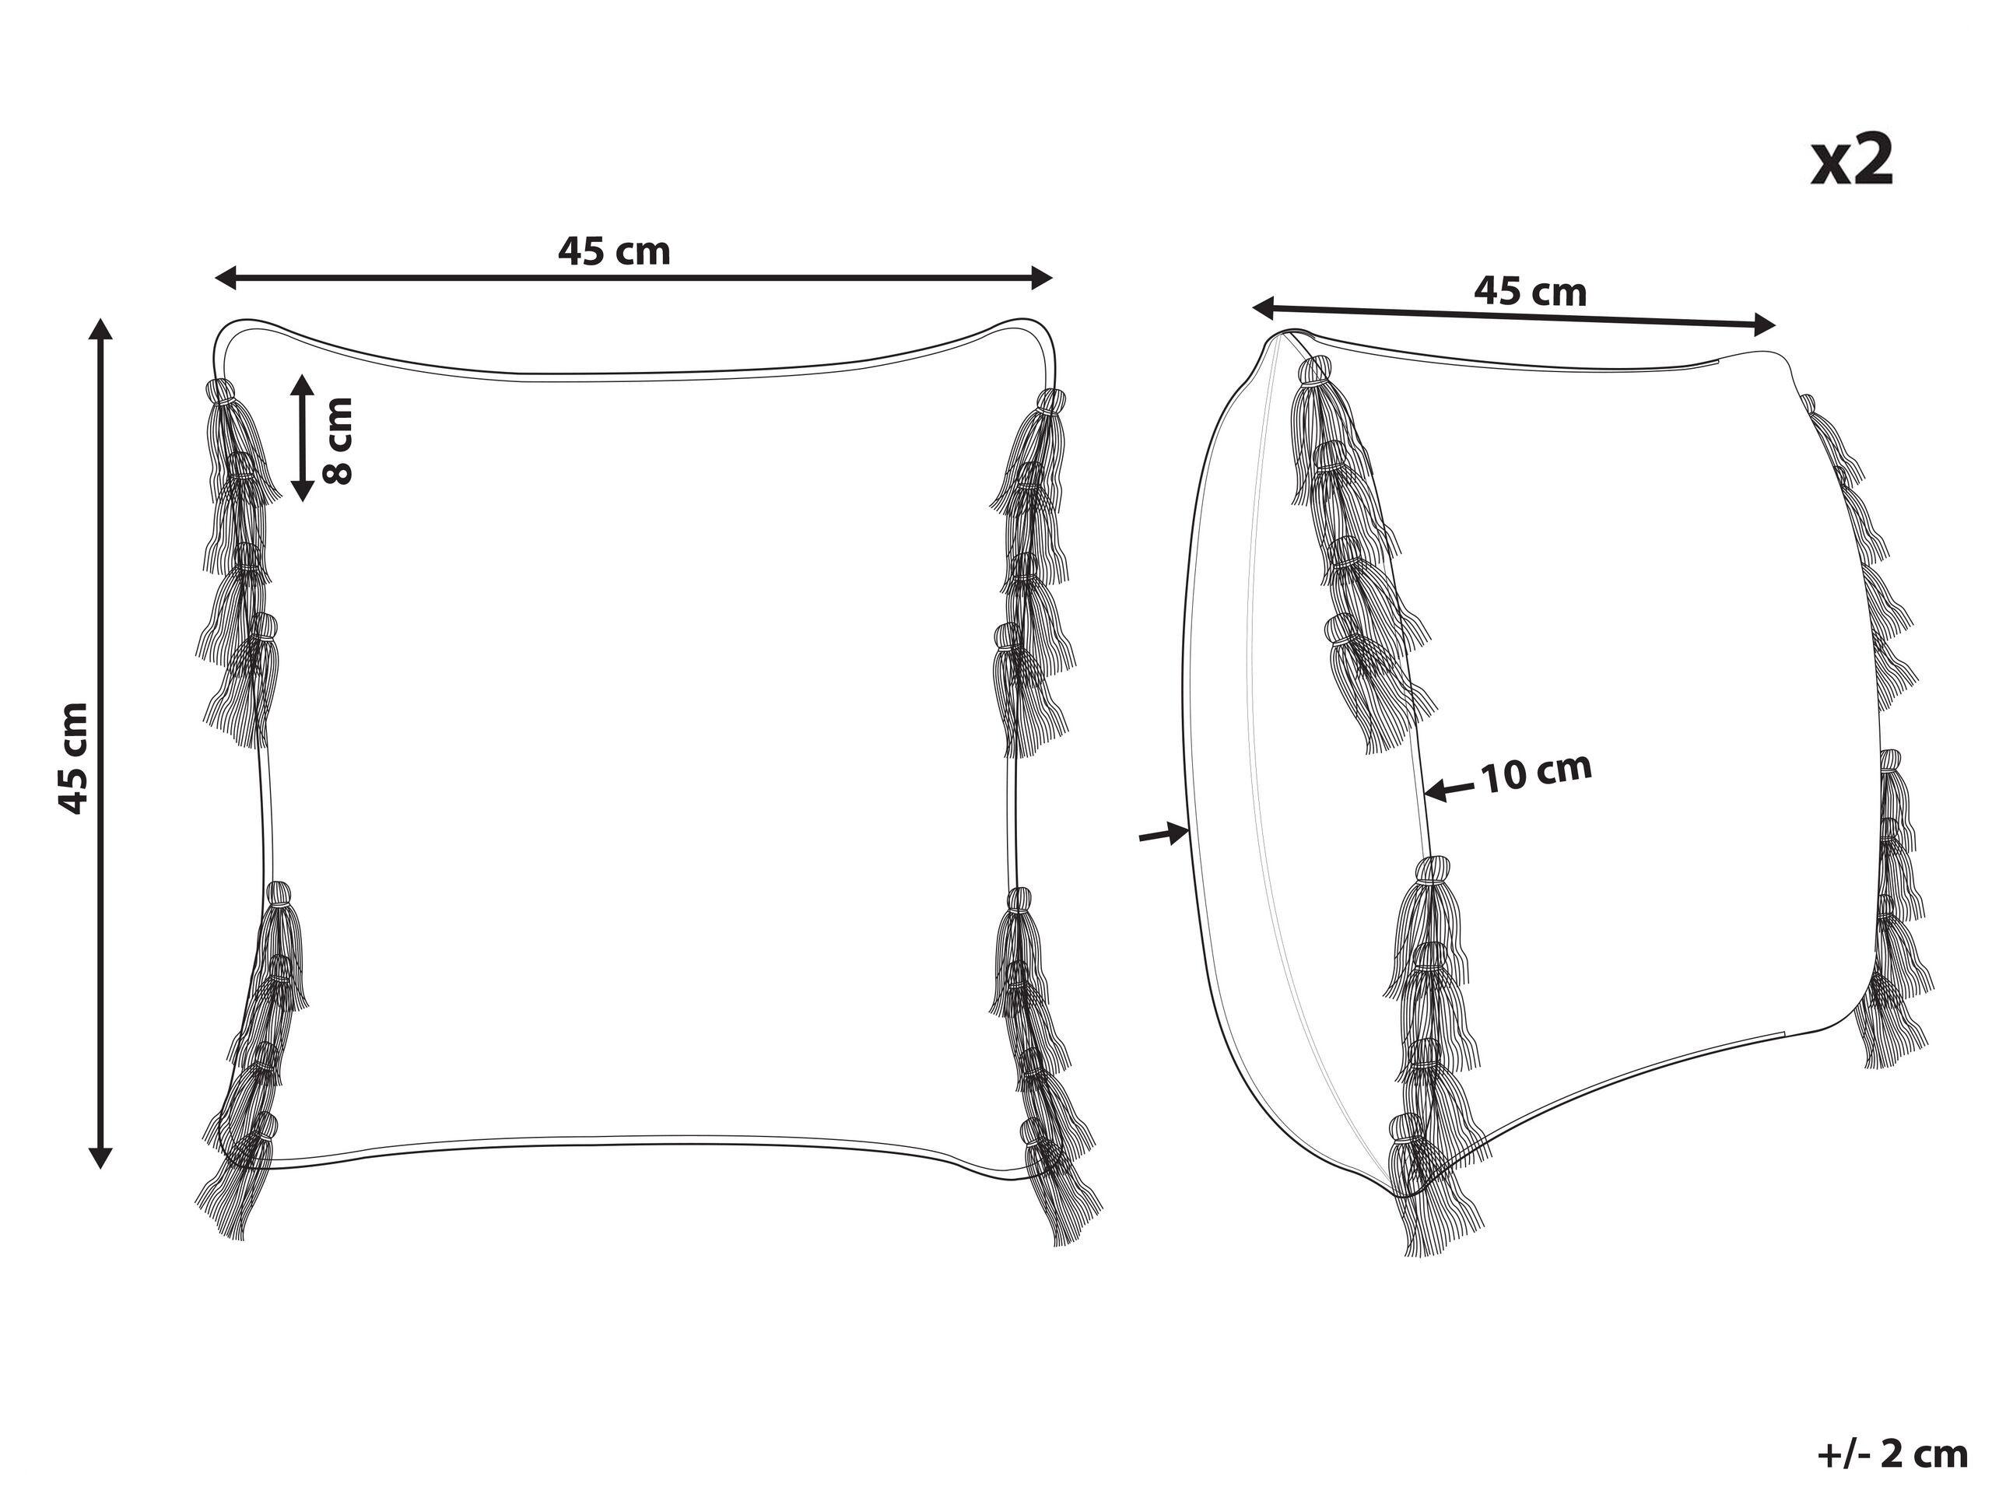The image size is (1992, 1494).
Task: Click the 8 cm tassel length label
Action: click(338, 440)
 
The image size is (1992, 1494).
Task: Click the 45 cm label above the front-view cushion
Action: click(614, 251)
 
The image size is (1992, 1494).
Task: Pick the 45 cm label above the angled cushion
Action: click(1530, 291)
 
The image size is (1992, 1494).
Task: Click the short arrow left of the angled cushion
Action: click(1164, 834)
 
